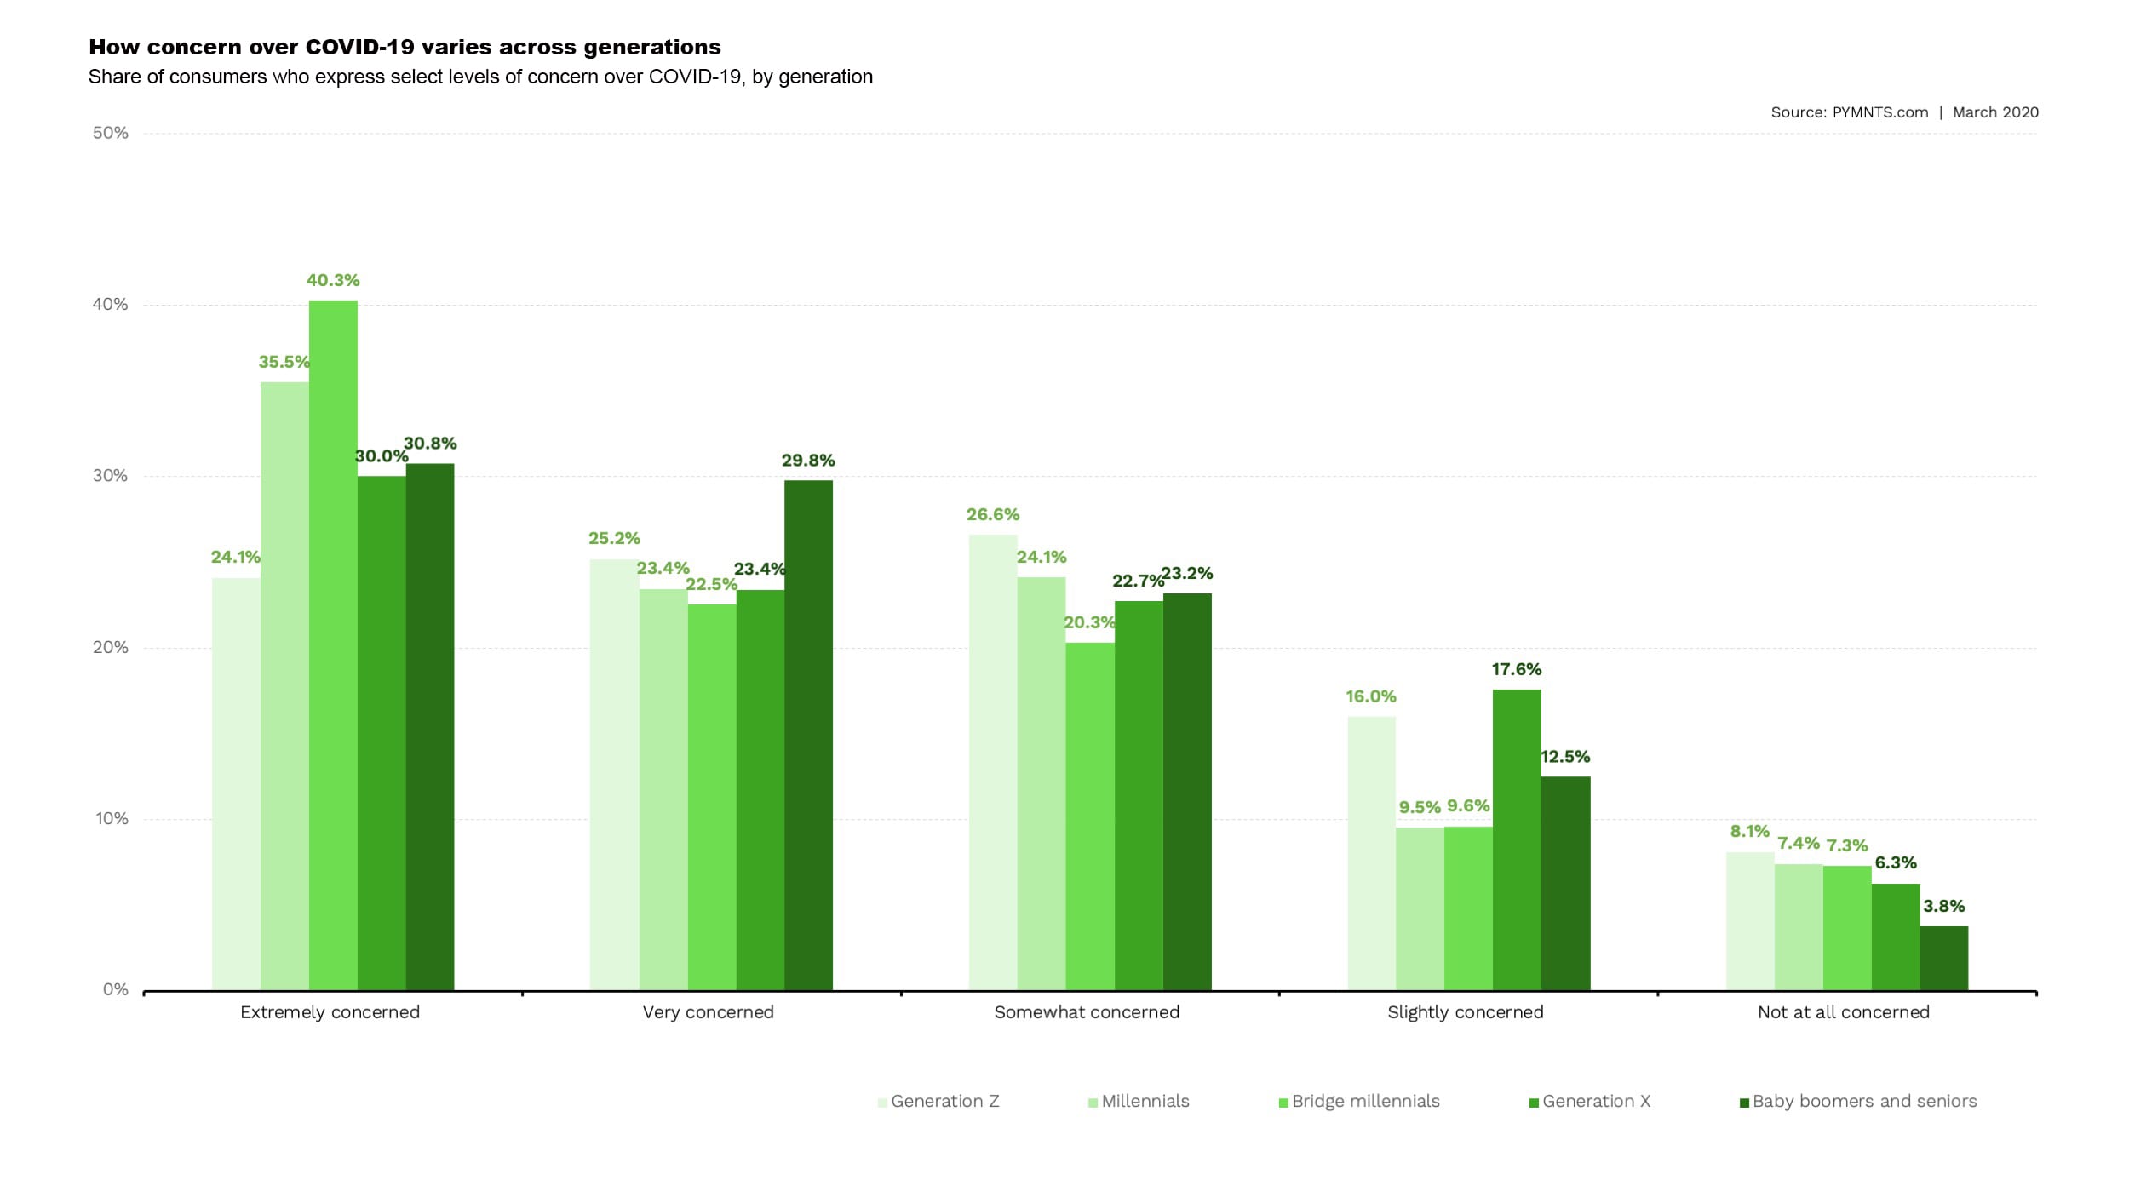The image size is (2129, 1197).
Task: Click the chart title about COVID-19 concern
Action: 405,47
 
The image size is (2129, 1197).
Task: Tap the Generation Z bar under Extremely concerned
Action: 236,783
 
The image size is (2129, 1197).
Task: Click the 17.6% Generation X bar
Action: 1517,839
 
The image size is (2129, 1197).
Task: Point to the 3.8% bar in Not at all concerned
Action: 1944,958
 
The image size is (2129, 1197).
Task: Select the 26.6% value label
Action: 992,514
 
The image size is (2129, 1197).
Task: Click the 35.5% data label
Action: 284,362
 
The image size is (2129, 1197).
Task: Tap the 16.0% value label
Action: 1371,696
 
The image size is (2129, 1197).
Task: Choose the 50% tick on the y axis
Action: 111,133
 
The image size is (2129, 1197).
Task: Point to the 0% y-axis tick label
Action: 116,989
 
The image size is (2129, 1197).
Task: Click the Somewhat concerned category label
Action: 1087,1012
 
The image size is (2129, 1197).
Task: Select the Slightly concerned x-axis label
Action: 1465,1012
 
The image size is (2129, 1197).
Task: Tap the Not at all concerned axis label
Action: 1844,1012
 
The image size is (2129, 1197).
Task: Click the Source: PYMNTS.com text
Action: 1849,112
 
